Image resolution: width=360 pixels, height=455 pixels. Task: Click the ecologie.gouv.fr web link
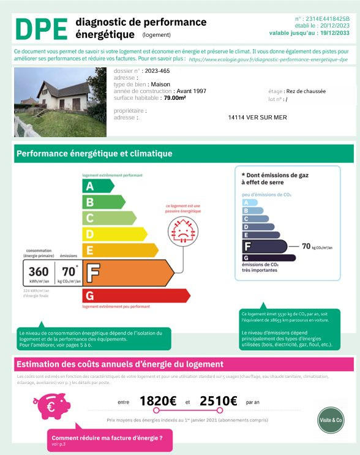pyautogui.click(x=268, y=60)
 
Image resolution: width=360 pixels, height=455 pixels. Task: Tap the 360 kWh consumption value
pyautogui.click(x=39, y=271)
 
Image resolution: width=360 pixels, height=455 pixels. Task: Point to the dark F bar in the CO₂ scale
pyautogui.click(x=264, y=246)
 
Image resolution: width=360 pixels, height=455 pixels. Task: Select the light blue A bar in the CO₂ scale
pyautogui.click(x=246, y=203)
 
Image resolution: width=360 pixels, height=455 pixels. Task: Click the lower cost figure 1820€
pyautogui.click(x=157, y=401)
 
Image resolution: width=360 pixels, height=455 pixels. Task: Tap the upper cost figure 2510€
pyautogui.click(x=218, y=401)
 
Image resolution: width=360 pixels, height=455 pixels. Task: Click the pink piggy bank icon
pyautogui.click(x=51, y=404)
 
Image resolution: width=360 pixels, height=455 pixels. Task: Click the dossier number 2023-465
pyautogui.click(x=159, y=71)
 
